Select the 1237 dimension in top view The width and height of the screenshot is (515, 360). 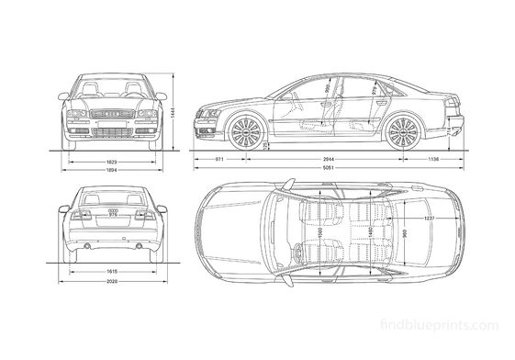click(428, 219)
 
